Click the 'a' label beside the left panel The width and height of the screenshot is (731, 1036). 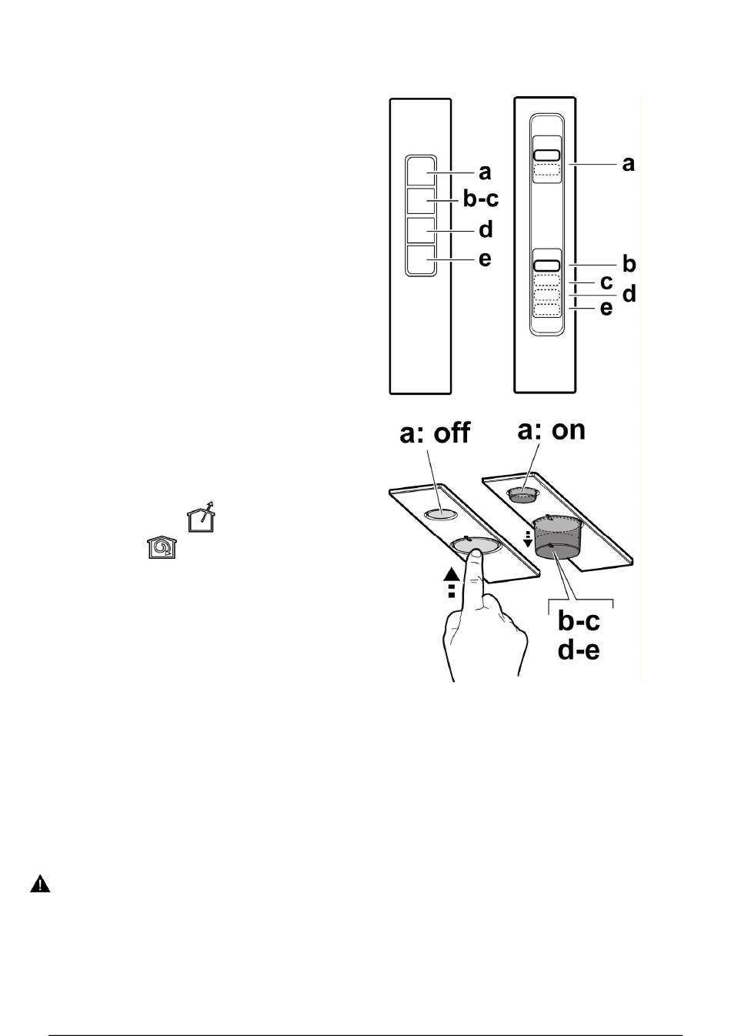pyautogui.click(x=485, y=172)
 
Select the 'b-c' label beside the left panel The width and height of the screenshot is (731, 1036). pyautogui.click(x=481, y=199)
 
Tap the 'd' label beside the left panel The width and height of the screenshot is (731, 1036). pyautogui.click(x=486, y=229)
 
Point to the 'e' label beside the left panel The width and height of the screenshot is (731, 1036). pyautogui.click(x=485, y=259)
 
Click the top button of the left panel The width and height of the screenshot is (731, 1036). pyautogui.click(x=421, y=172)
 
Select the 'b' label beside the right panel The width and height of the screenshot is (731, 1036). pyautogui.click(x=629, y=264)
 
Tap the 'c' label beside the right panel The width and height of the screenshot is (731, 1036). pyautogui.click(x=606, y=282)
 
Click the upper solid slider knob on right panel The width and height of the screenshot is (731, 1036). pyautogui.click(x=547, y=155)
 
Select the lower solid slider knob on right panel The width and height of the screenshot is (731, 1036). pyautogui.click(x=547, y=266)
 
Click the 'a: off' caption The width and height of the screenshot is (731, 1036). pyautogui.click(x=435, y=433)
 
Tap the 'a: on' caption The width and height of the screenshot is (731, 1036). pyautogui.click(x=551, y=430)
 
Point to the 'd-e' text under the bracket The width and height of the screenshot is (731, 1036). pyautogui.click(x=579, y=650)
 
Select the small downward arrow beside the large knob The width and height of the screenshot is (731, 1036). pyautogui.click(x=528, y=539)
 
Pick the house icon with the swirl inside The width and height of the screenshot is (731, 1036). pyautogui.click(x=162, y=546)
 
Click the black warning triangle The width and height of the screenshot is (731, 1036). pyautogui.click(x=40, y=884)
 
